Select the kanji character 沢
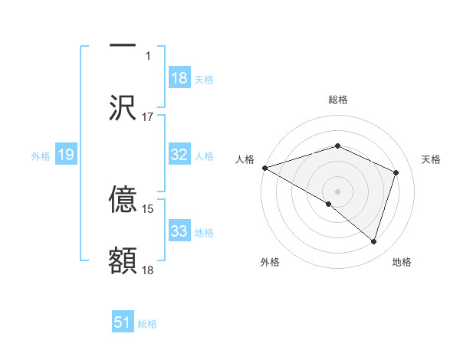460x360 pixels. click(123, 107)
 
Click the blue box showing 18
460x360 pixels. click(179, 78)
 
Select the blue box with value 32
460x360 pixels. click(179, 155)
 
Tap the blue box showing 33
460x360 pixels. click(179, 231)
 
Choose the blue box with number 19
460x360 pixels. click(65, 155)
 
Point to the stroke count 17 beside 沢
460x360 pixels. click(148, 117)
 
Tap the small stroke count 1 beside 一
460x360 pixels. click(149, 55)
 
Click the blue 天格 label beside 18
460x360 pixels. click(204, 79)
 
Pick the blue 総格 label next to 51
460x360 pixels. click(147, 323)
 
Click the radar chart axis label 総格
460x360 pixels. click(337, 100)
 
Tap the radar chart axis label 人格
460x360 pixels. click(245, 159)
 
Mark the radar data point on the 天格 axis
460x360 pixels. click(396, 172)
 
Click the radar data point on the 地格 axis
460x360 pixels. click(373, 241)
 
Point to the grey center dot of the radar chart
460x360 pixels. click(337, 191)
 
